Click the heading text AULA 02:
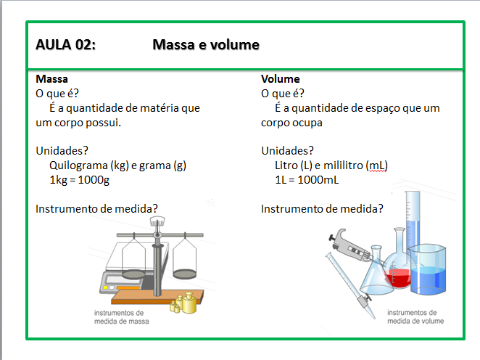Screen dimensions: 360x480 point(65,46)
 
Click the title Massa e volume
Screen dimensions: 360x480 point(206,46)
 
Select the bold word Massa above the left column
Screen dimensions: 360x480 point(51,79)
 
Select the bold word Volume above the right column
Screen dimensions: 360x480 point(281,79)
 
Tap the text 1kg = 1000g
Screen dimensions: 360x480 point(79,180)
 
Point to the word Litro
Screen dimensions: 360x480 point(288,165)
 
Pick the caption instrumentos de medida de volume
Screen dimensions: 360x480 point(415,317)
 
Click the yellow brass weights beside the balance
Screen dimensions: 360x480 point(185,303)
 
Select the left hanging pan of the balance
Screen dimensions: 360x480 point(133,258)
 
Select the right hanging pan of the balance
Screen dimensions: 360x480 point(185,259)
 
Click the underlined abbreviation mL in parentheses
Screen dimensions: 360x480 point(377,165)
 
